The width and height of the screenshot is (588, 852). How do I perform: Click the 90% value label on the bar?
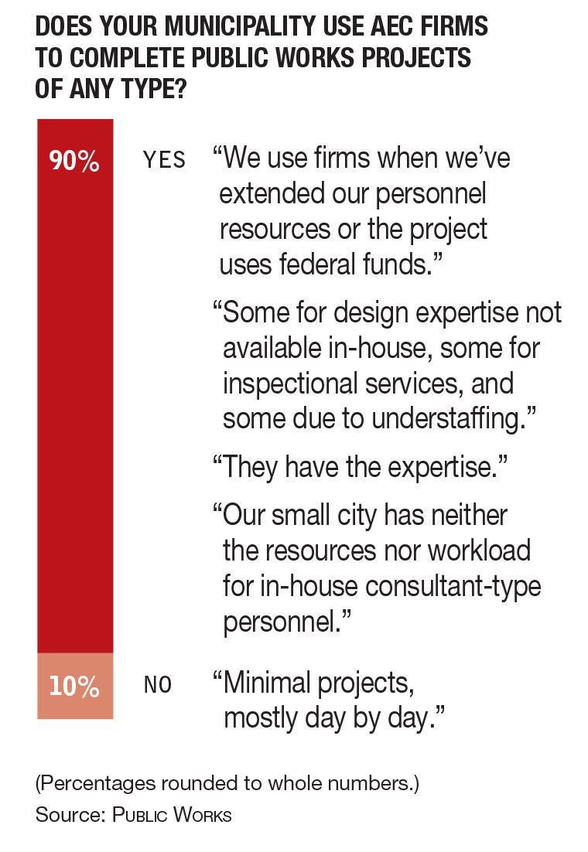coord(74,161)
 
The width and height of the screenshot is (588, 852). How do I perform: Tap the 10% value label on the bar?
coord(74,685)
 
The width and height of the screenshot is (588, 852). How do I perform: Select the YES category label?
coord(164,160)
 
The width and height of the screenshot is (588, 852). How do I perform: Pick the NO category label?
coord(158,685)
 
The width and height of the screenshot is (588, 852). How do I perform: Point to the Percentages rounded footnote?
coord(227,782)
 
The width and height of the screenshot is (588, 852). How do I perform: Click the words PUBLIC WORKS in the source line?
coord(172,815)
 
